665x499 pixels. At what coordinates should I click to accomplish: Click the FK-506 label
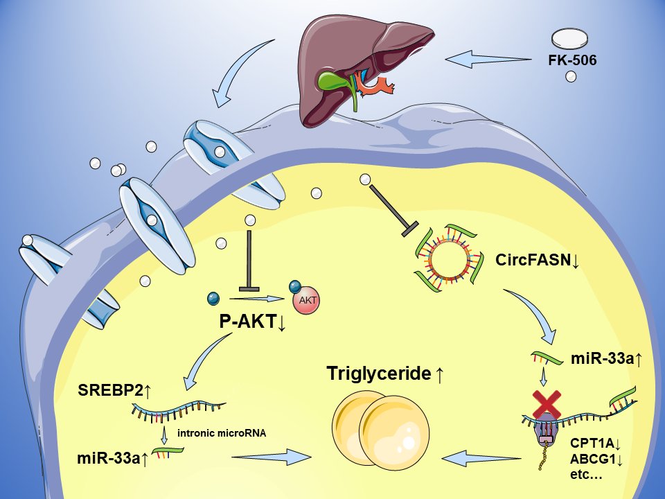click(571, 60)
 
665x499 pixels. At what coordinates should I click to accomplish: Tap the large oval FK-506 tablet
click(571, 38)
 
